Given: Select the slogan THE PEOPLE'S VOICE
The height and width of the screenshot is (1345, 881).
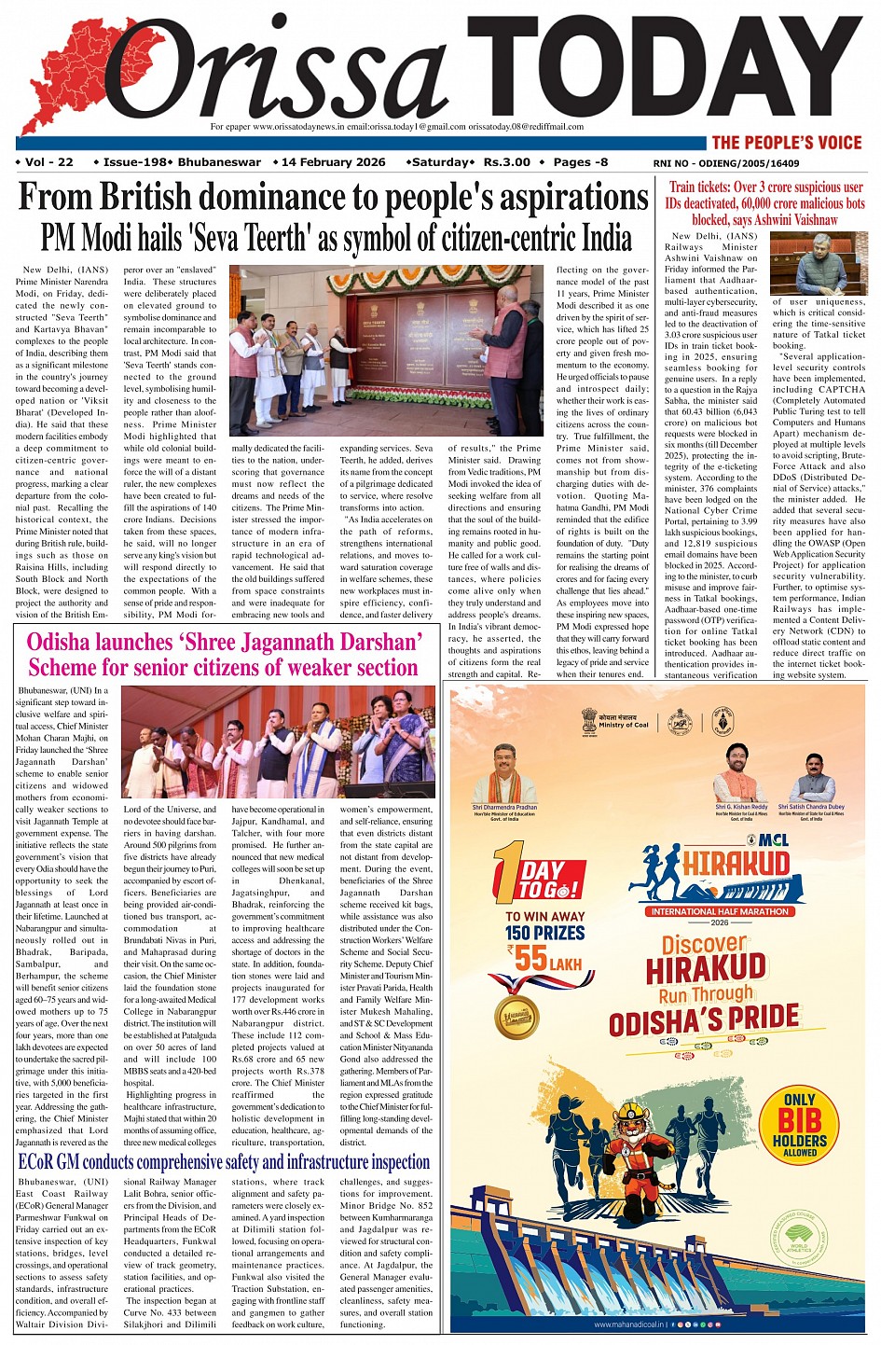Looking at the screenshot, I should click(x=786, y=143).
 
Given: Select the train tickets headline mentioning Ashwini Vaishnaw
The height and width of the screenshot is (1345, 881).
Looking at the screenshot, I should click(x=764, y=203).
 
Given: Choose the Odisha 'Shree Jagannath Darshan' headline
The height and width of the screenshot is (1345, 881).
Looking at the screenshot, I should click(x=224, y=655).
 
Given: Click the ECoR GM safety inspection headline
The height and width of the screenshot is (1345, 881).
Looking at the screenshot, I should click(x=224, y=1162).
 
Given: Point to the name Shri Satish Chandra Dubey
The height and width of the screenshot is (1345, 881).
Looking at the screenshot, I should click(x=811, y=807).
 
